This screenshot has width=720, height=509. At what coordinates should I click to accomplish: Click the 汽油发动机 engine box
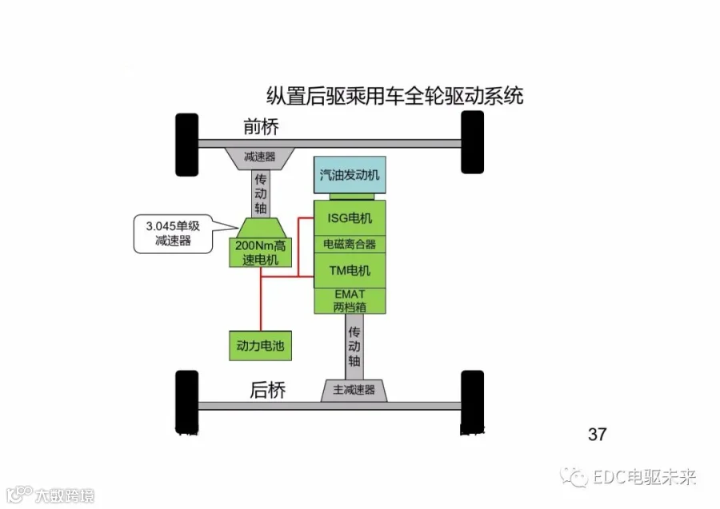pyautogui.click(x=350, y=175)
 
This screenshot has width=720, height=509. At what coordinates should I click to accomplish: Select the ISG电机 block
pyautogui.click(x=350, y=218)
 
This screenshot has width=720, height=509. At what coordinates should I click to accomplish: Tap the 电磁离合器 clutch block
pyautogui.click(x=350, y=244)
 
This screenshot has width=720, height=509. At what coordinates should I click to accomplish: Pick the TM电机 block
pyautogui.click(x=350, y=270)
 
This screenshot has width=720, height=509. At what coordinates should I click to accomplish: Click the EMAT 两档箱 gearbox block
pyautogui.click(x=350, y=300)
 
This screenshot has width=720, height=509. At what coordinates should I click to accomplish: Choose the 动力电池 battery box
pyautogui.click(x=260, y=345)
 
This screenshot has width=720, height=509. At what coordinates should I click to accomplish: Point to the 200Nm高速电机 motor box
pyautogui.click(x=260, y=253)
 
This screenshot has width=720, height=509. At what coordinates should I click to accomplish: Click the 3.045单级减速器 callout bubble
pyautogui.click(x=173, y=234)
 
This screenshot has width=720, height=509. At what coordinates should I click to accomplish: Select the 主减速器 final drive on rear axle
pyautogui.click(x=354, y=390)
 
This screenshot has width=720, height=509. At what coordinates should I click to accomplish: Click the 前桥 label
pyautogui.click(x=261, y=126)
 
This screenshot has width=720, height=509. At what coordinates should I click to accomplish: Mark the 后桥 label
pyautogui.click(x=268, y=390)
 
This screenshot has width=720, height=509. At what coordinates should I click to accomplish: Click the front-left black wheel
pyautogui.click(x=187, y=145)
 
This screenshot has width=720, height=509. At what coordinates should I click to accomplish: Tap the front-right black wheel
pyautogui.click(x=472, y=142)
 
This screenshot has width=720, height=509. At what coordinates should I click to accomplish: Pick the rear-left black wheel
pyautogui.click(x=187, y=402)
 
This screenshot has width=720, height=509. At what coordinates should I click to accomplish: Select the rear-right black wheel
pyautogui.click(x=472, y=402)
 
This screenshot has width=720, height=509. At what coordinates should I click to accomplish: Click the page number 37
pyautogui.click(x=597, y=434)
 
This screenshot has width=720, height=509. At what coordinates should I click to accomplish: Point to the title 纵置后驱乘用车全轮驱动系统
pyautogui.click(x=395, y=96)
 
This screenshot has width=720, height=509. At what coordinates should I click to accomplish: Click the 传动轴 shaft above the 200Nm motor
pyautogui.click(x=260, y=193)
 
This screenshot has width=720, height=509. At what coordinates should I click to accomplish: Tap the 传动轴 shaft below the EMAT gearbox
pyautogui.click(x=354, y=347)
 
